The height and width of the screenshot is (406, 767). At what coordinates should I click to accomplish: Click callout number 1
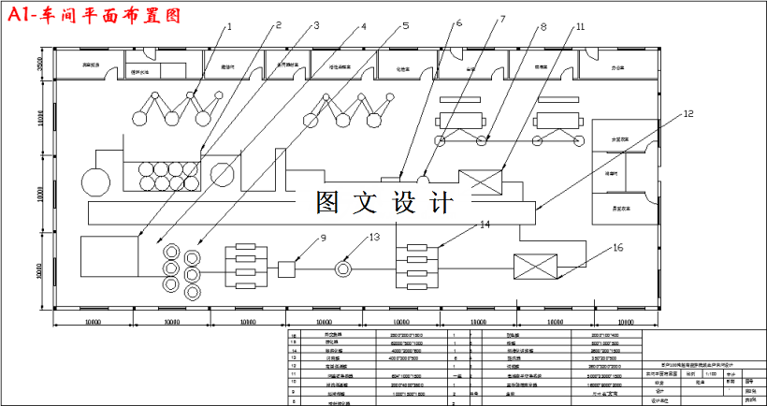228,27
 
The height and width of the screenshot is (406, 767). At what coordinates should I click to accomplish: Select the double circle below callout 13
346,268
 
